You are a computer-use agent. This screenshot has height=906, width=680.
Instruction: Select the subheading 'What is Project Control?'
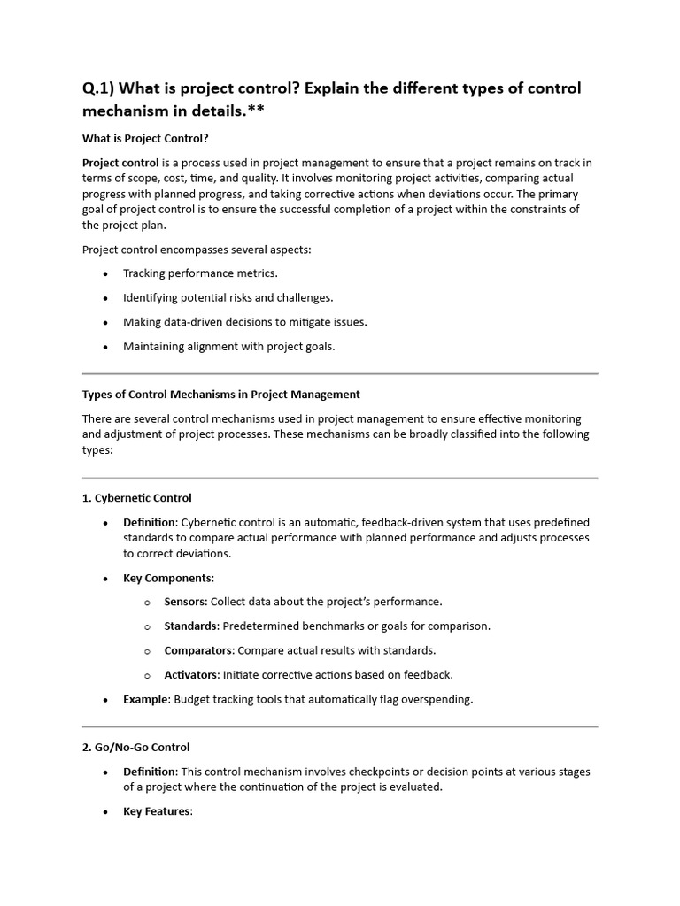145,138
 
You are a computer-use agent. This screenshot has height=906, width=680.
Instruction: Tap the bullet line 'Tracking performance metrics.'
200,273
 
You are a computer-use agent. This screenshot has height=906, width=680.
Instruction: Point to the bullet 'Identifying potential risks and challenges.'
228,298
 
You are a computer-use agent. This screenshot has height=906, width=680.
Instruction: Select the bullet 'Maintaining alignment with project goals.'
228,347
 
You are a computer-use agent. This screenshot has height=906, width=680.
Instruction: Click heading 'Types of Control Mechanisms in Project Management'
220,395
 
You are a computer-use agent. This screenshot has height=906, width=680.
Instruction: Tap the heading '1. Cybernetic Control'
136,498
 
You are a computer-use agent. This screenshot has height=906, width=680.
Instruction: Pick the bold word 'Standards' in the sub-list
190,626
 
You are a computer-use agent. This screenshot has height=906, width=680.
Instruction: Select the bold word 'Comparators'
198,650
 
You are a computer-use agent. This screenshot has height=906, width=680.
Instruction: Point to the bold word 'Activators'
191,675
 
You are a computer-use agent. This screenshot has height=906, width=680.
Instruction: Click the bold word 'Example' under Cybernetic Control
145,699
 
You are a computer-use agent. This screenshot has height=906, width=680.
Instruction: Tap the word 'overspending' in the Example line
438,699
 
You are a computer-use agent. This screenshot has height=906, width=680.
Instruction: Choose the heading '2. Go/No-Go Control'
135,748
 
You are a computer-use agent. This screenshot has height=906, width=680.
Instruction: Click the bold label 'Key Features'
157,811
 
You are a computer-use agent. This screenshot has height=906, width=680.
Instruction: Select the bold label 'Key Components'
167,578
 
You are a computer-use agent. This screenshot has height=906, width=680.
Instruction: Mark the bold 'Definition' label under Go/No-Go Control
150,772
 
